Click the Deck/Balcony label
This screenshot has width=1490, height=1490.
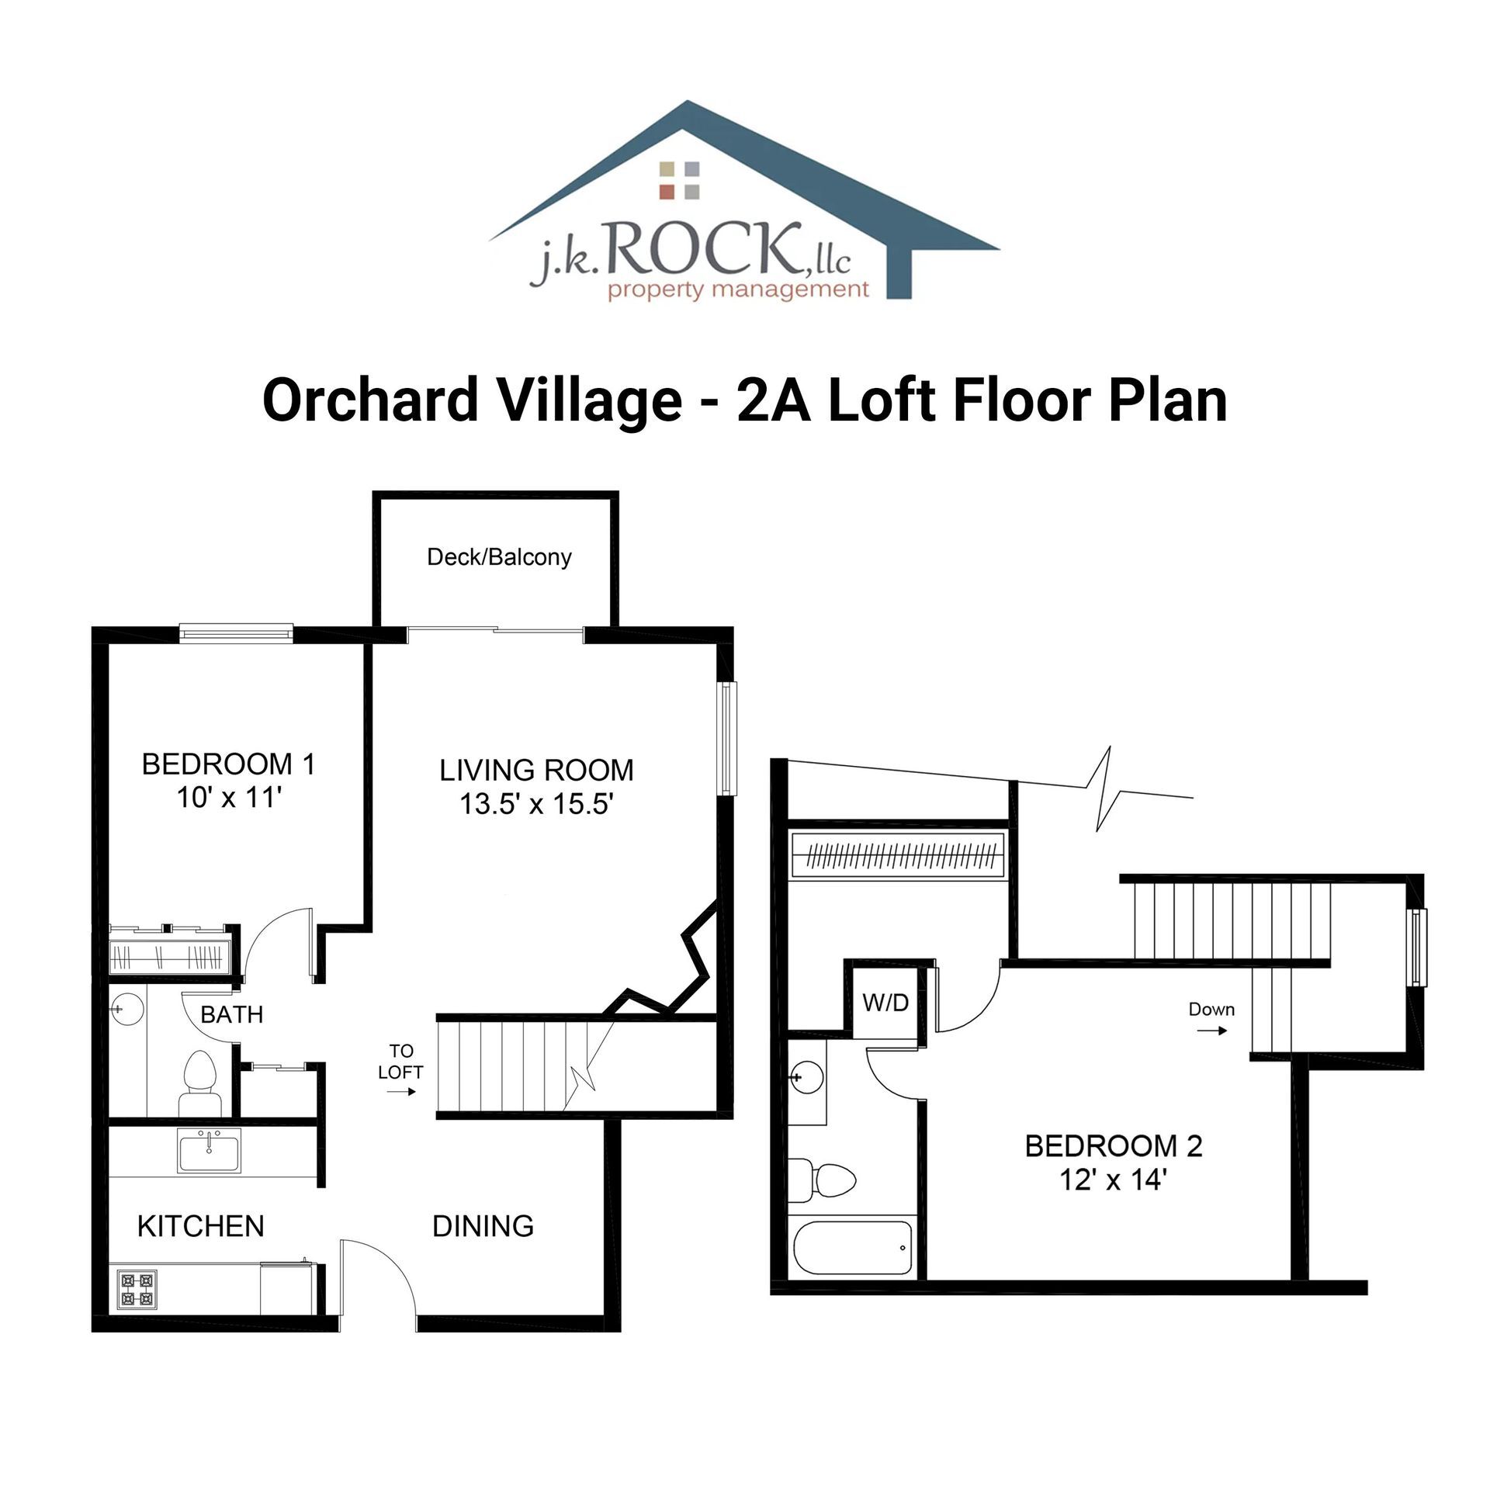point(499,557)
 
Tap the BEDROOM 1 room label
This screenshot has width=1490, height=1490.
point(228,764)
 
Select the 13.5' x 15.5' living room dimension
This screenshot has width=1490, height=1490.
point(536,804)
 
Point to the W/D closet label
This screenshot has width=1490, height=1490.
point(885,1003)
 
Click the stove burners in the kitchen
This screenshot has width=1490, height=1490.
point(137,1290)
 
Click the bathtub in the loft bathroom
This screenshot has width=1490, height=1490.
point(852,1248)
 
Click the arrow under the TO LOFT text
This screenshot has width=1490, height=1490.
point(401,1092)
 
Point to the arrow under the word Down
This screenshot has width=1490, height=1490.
point(1211,1031)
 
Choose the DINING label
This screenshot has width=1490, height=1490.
point(483,1226)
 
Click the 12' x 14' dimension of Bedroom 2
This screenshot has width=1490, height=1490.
point(1114,1180)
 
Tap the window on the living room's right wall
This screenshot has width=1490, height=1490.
point(727,738)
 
